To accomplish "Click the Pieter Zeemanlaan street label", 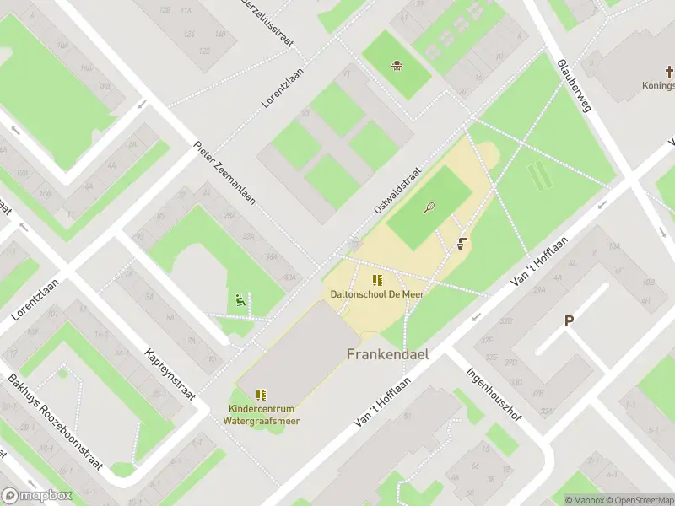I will click(x=224, y=173).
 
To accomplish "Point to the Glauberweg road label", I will click(x=575, y=85).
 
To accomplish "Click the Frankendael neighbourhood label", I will click(x=387, y=354).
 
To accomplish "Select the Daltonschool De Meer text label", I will click(x=377, y=293).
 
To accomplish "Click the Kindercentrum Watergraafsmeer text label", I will click(x=264, y=415).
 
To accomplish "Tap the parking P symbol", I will click(x=569, y=320).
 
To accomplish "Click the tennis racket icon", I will click(x=429, y=207).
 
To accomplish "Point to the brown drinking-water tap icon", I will click(x=462, y=244).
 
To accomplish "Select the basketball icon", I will click(x=396, y=65).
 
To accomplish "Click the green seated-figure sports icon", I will click(x=240, y=299).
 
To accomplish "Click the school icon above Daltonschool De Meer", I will click(x=377, y=280).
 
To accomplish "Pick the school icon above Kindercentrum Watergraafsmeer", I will click(x=262, y=394).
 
